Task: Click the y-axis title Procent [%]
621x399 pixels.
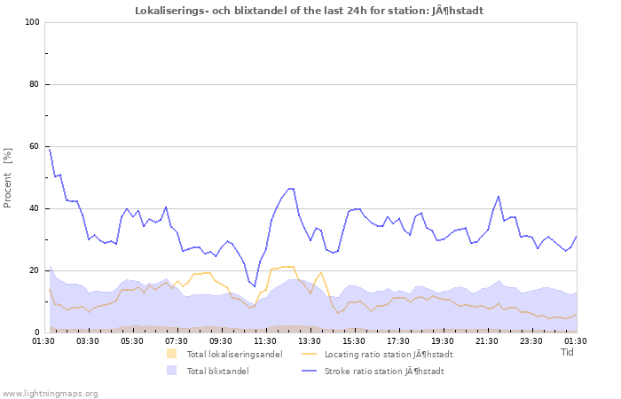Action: [x=8, y=178]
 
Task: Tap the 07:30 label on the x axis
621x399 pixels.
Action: [x=177, y=340]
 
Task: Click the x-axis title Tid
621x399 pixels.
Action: [x=568, y=352]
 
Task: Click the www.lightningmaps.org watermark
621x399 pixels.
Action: [x=50, y=393]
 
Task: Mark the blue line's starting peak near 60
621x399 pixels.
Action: [x=50, y=148]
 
